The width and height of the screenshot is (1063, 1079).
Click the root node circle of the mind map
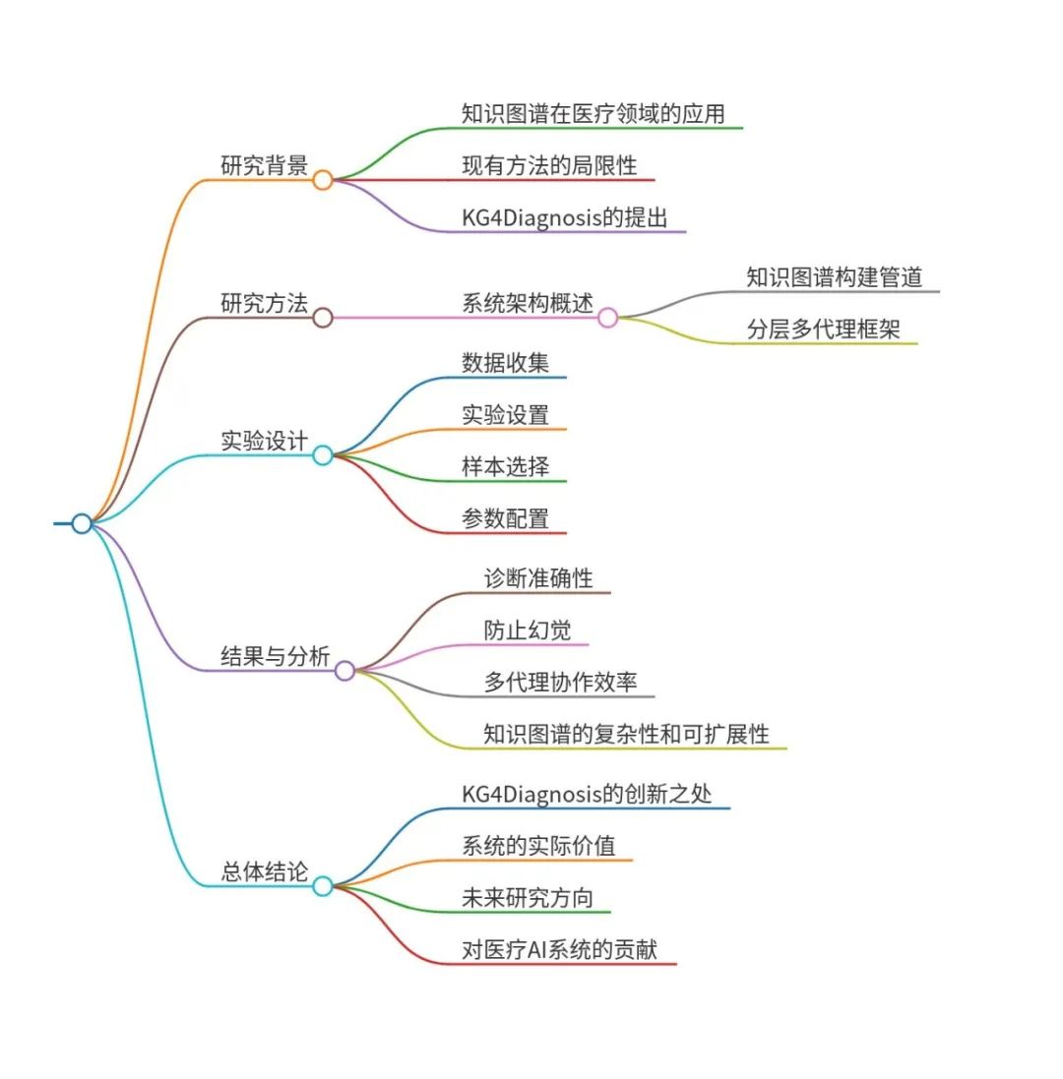click(82, 523)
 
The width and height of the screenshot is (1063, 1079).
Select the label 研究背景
click(264, 165)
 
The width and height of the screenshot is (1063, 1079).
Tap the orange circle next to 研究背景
click(323, 180)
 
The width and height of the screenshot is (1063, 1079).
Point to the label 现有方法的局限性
click(549, 165)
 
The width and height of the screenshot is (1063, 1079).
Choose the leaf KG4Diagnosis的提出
click(564, 217)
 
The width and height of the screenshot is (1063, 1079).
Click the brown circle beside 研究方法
click(323, 318)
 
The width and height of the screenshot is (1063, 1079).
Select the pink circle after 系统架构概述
click(608, 318)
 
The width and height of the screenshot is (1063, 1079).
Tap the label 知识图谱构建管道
click(834, 277)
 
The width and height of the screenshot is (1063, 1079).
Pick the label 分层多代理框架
click(823, 330)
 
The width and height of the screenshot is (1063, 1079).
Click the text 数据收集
click(505, 363)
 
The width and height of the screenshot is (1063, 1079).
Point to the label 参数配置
click(505, 518)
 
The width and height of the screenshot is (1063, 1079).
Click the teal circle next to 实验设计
click(323, 454)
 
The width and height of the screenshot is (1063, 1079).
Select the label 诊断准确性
click(538, 578)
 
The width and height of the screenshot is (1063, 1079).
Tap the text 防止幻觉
click(527, 630)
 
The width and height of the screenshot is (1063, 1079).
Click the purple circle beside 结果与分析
click(344, 671)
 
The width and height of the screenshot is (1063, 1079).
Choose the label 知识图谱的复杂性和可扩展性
click(626, 734)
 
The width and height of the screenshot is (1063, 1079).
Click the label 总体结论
click(264, 871)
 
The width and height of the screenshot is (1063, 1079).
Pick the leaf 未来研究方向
click(528, 898)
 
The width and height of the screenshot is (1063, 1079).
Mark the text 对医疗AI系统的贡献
click(559, 950)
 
